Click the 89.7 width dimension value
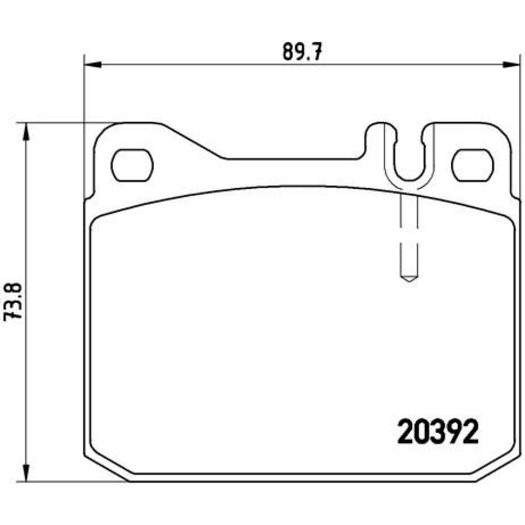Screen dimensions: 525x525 tap(302, 51)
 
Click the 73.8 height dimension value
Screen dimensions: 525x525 tap(12, 302)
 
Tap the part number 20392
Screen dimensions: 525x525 tap(438, 432)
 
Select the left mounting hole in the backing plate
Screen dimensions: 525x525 tap(132, 165)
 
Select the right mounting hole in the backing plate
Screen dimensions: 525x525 tap(472, 165)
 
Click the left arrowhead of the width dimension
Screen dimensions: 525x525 tap(92, 64)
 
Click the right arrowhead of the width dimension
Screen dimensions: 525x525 tap(511, 64)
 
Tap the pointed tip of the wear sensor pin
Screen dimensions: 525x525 tap(409, 281)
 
